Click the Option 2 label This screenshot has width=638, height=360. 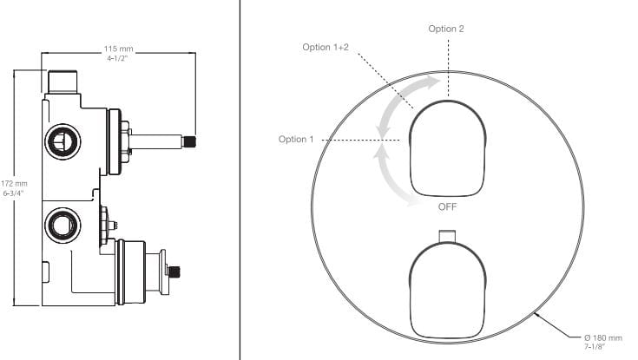(x=445, y=29)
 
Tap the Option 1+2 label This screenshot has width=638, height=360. (x=326, y=47)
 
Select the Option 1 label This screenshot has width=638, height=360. (x=296, y=139)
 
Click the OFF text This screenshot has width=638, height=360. (x=447, y=206)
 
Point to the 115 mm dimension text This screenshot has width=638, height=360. (x=118, y=49)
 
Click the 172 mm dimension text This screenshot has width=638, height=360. (x=14, y=184)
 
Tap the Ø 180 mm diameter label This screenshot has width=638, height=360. (x=603, y=337)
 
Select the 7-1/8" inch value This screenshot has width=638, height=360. (x=595, y=347)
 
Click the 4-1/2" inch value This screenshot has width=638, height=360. (x=117, y=58)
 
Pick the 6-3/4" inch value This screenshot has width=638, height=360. (x=14, y=193)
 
